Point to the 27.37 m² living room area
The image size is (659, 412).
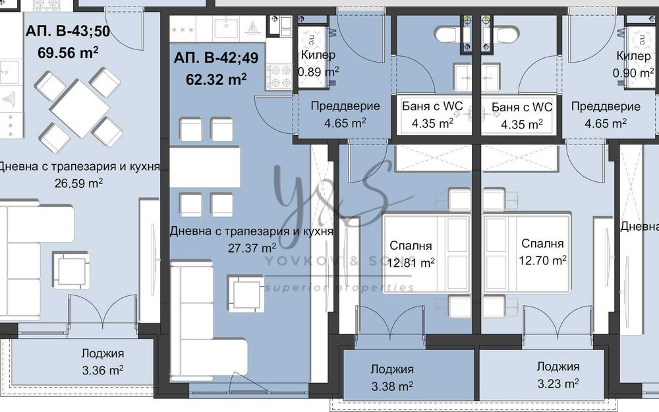pos(251,249)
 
